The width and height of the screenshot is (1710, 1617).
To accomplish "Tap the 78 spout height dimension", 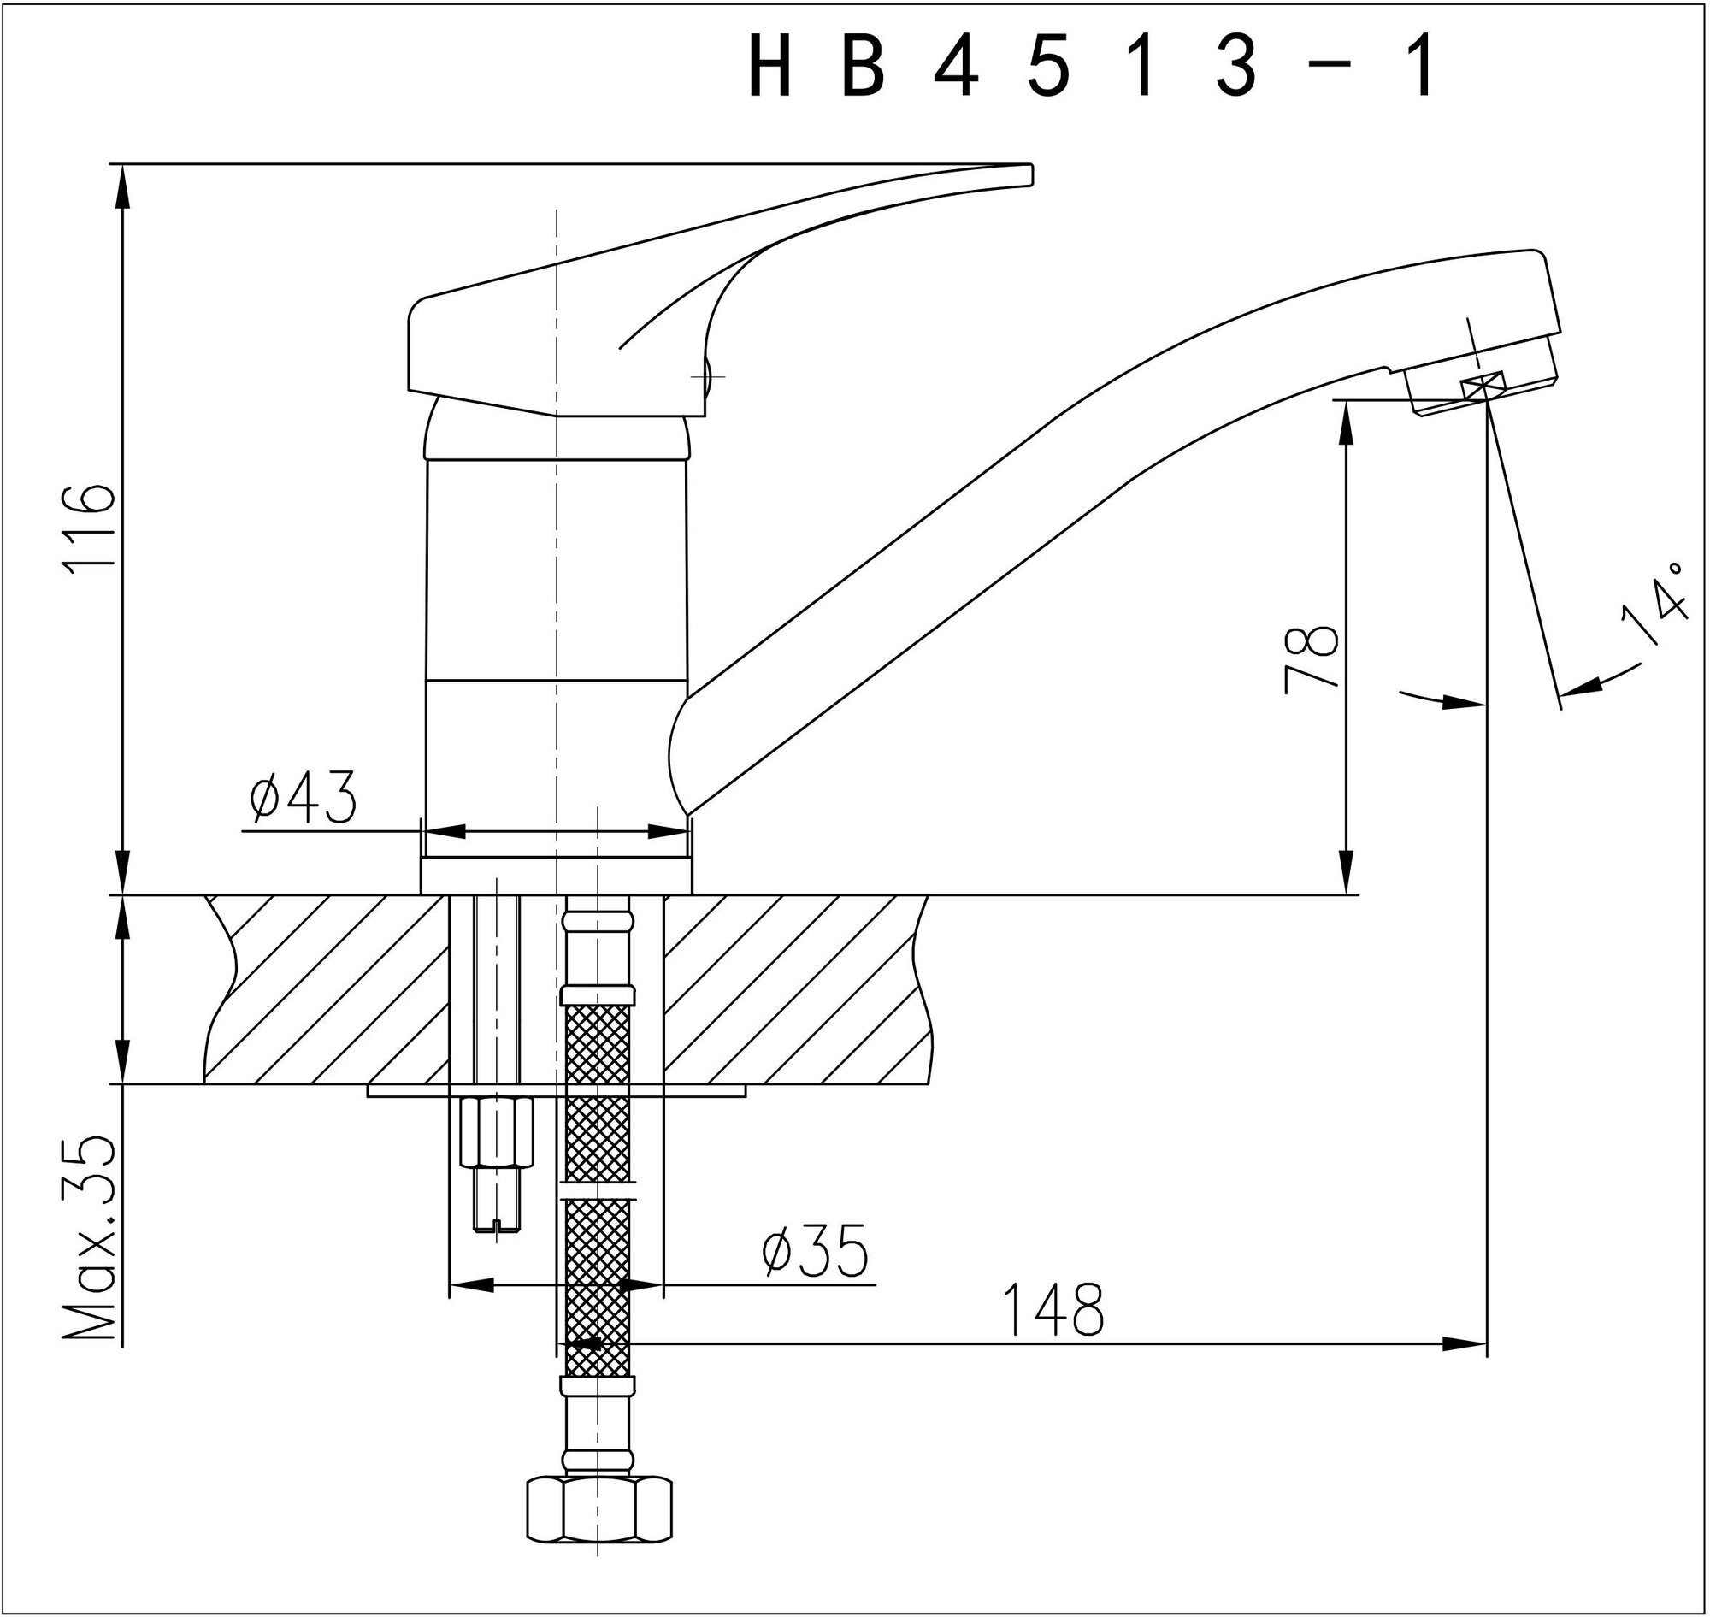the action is click(x=1311, y=659).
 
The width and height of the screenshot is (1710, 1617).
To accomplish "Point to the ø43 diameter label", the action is click(x=303, y=797).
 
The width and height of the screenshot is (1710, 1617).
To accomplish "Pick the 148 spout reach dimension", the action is click(x=1053, y=1309).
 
